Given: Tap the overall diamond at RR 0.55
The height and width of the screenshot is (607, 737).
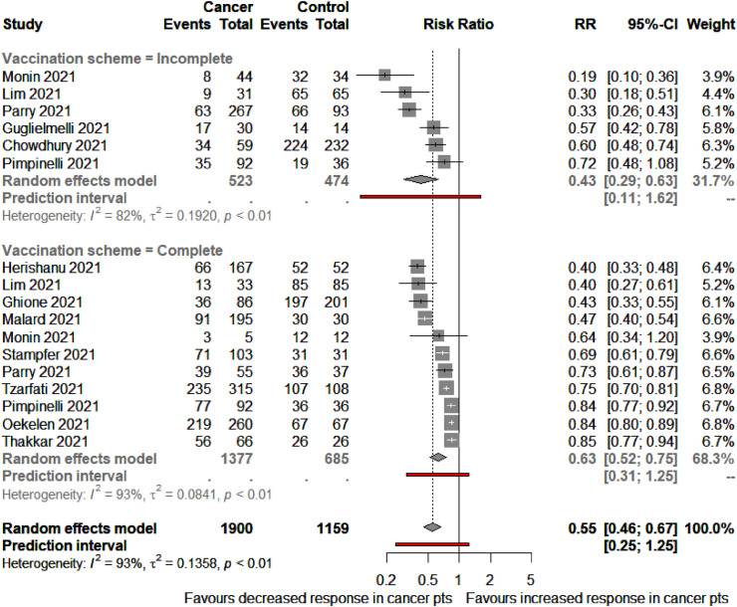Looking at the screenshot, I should (432, 524).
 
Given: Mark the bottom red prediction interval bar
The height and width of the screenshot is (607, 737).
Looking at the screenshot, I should (432, 544).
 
